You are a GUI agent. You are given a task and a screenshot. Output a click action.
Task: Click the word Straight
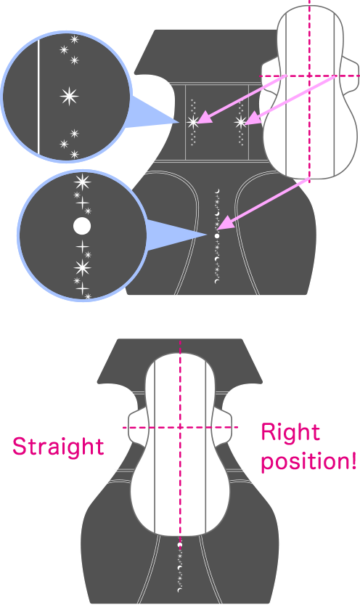pyautogui.click(x=58, y=447)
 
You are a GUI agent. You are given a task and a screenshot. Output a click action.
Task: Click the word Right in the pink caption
pyautogui.click(x=290, y=431)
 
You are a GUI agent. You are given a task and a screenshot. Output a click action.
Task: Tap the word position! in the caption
pyautogui.click(x=308, y=460)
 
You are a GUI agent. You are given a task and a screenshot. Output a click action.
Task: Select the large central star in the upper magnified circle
pyautogui.click(x=70, y=96)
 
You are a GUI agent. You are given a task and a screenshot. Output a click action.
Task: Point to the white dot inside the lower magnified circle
pyautogui.click(x=82, y=226)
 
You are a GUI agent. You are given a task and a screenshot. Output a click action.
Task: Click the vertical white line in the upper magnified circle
pyautogui.click(x=38, y=97)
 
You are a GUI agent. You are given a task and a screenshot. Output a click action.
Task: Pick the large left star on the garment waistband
pyautogui.click(x=193, y=122)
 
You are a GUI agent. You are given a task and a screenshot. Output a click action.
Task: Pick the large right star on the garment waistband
pyautogui.click(x=240, y=122)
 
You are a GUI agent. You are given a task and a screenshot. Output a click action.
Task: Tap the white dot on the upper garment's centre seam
pyautogui.click(x=217, y=236)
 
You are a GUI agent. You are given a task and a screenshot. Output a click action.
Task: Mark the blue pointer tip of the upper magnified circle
pyautogui.click(x=179, y=122)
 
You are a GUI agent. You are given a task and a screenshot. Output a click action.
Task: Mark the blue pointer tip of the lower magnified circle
pyautogui.click(x=208, y=234)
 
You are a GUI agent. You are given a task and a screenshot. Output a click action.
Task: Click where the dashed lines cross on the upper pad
pyautogui.click(x=309, y=76)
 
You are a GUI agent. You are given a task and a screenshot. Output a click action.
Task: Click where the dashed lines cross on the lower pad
pyautogui.click(x=180, y=427)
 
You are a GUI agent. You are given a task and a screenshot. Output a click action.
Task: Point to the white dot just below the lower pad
pyautogui.click(x=179, y=545)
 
